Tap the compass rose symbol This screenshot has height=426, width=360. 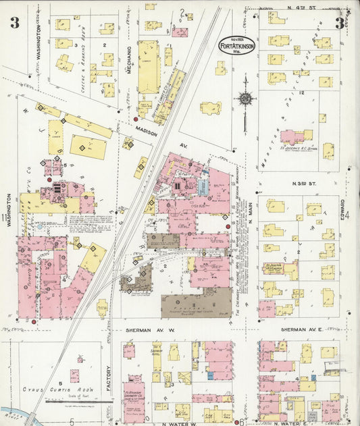click(245, 99)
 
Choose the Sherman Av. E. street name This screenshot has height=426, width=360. click(303, 331)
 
